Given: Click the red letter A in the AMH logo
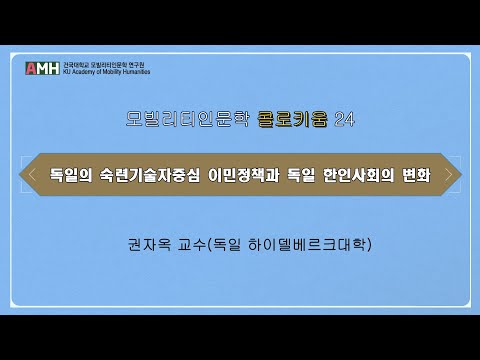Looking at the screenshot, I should click(x=31, y=68).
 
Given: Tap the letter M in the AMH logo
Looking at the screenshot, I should click(x=43, y=68).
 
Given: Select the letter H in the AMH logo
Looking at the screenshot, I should click(x=54, y=68).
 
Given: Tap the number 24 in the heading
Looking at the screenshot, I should click(x=342, y=120).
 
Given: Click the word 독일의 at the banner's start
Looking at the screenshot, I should click(x=71, y=175).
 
